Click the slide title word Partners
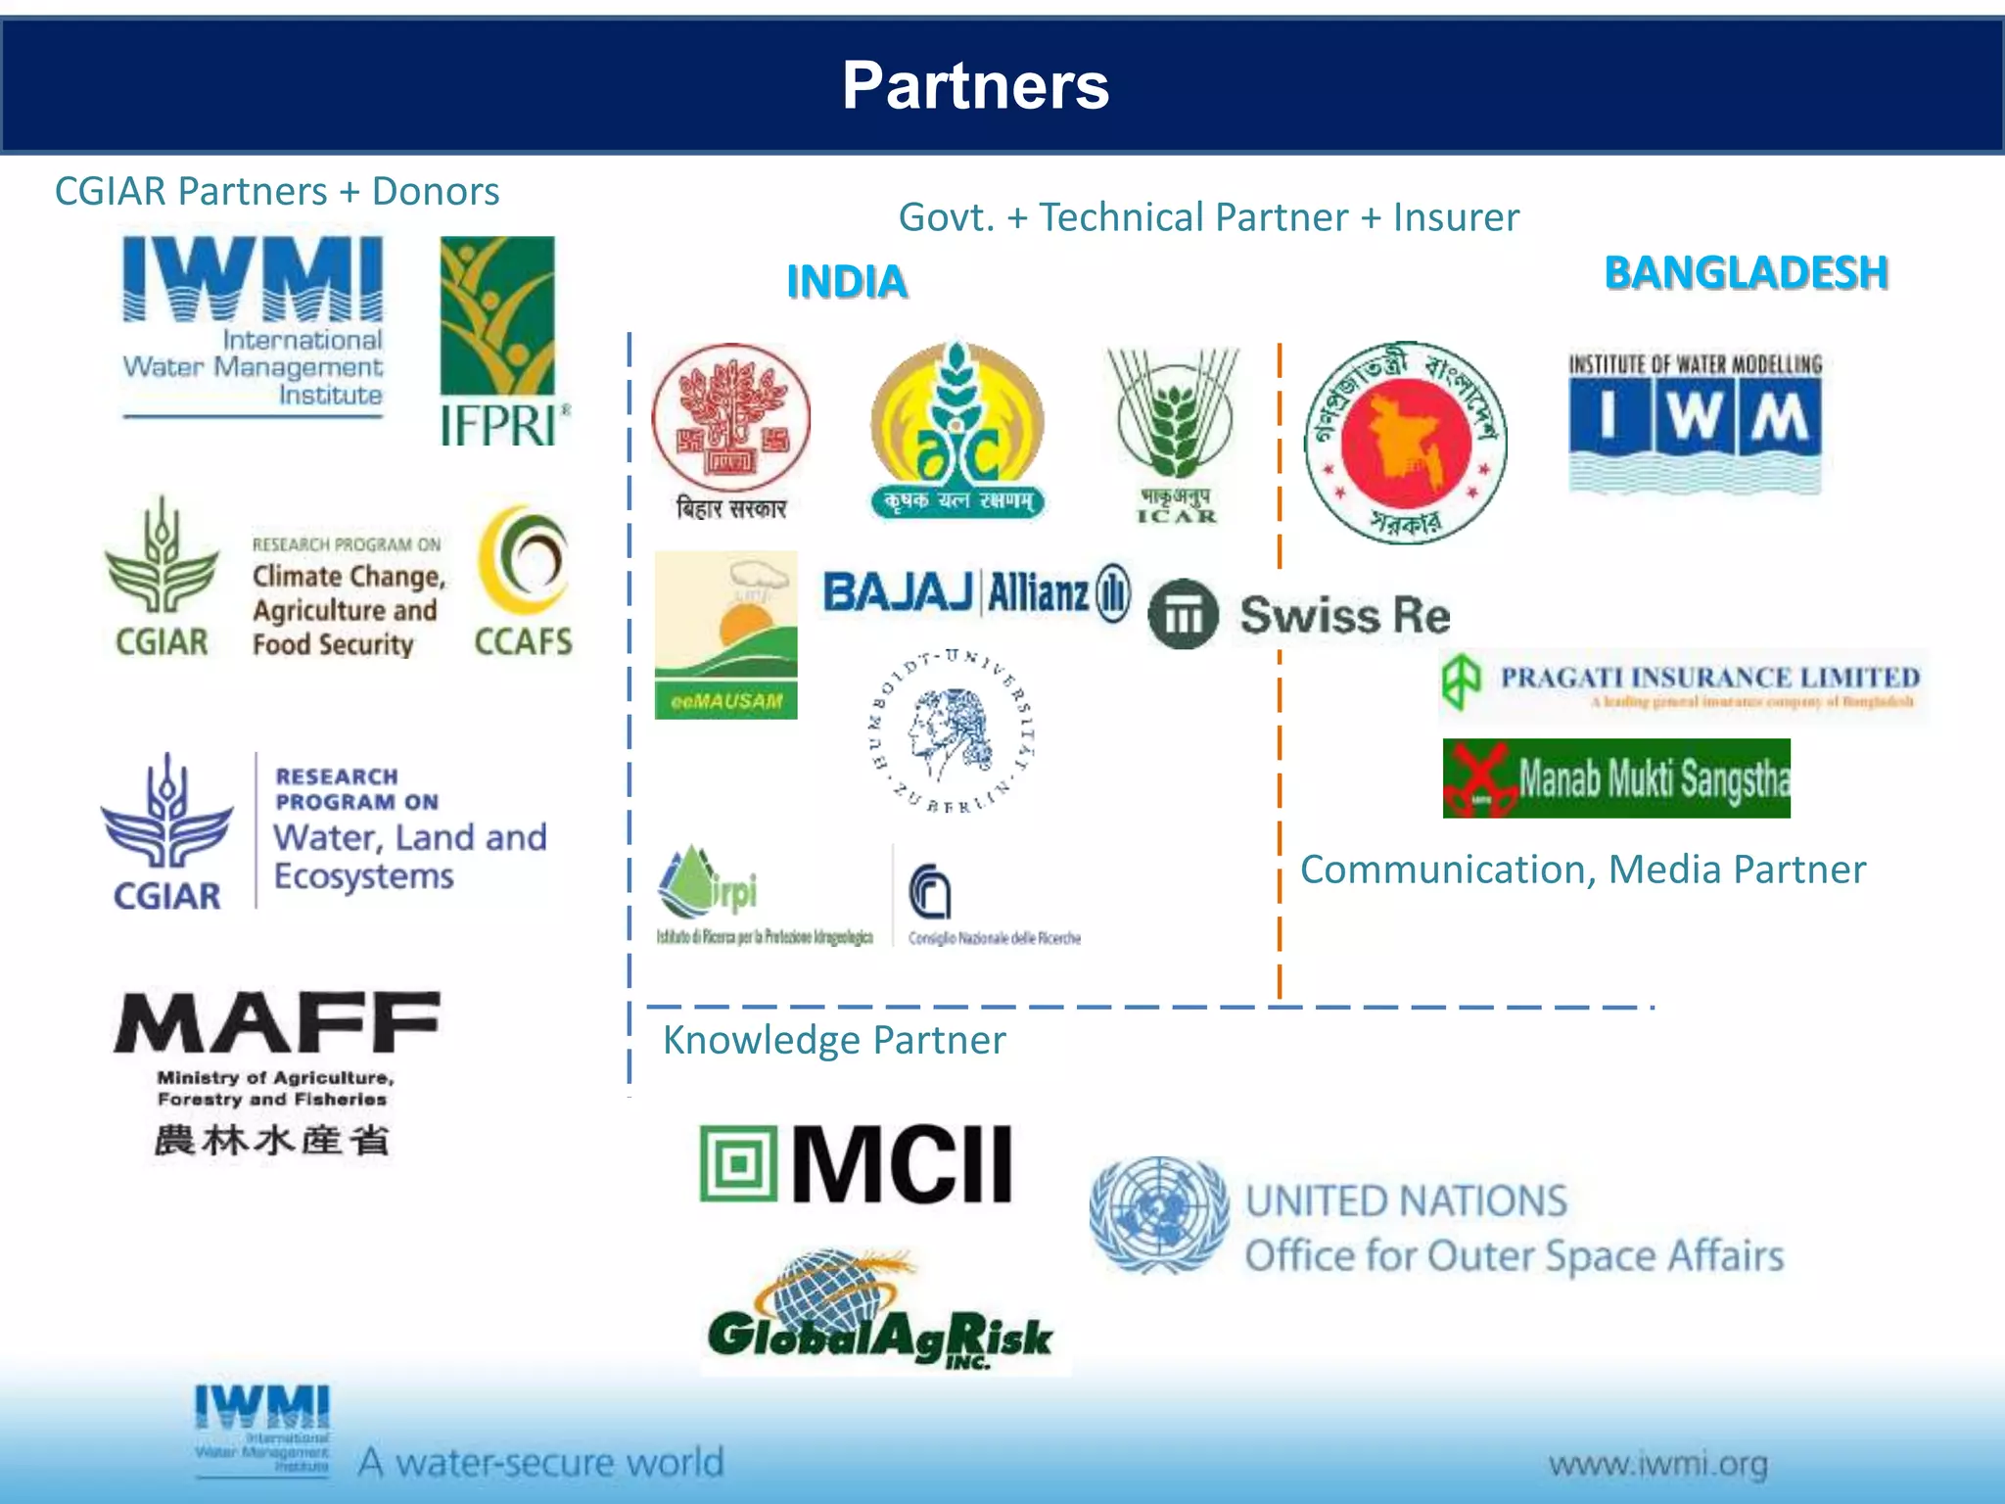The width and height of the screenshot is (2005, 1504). (x=975, y=85)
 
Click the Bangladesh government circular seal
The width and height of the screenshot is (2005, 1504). (x=1406, y=443)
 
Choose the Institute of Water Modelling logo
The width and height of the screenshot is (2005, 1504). (x=1695, y=421)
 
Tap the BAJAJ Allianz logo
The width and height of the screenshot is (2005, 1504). (x=976, y=592)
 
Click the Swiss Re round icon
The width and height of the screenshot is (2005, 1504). (x=1183, y=614)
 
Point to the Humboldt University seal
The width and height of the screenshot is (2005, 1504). (x=953, y=731)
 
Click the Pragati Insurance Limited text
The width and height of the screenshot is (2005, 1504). (x=1709, y=678)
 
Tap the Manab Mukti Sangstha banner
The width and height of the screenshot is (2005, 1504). (x=1616, y=778)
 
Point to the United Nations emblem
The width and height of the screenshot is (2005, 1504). (x=1158, y=1214)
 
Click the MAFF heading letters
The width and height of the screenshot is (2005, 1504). (x=277, y=1023)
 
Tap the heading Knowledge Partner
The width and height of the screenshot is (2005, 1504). (x=834, y=1040)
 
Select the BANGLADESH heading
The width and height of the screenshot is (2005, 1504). (x=1746, y=272)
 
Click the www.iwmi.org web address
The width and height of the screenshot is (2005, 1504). (x=1657, y=1465)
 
